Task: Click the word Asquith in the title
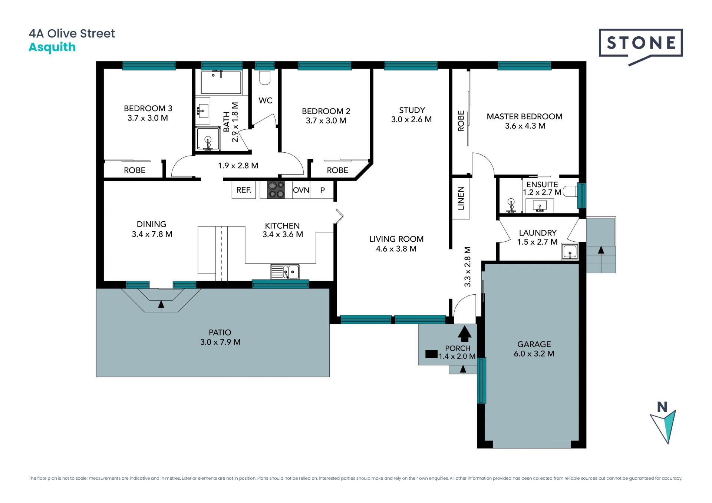(52, 47)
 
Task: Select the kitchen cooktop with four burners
(276, 189)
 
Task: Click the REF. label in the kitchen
(244, 190)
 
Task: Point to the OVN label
(301, 190)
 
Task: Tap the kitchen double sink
(285, 272)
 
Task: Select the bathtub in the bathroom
(221, 82)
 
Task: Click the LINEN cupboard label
(461, 198)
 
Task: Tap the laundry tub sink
(569, 252)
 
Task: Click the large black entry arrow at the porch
(464, 333)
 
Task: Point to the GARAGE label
(534, 344)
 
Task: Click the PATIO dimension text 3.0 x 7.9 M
(220, 342)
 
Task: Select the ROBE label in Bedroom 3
(135, 170)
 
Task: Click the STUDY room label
(412, 110)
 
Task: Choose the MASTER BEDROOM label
(524, 116)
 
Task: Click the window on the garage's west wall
(481, 381)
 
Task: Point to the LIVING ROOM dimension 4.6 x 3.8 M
(396, 249)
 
